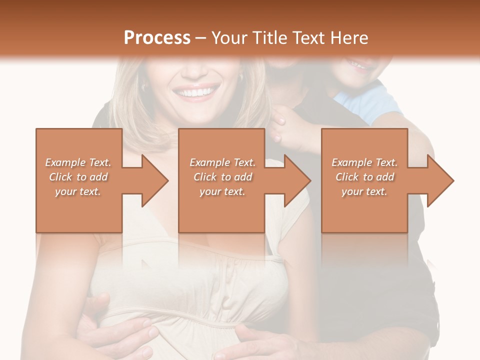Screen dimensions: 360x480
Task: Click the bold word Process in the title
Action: tap(157, 38)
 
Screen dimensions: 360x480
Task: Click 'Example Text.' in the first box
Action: tap(78, 162)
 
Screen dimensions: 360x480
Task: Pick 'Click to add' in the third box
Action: tap(365, 177)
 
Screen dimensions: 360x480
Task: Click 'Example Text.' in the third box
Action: tap(365, 162)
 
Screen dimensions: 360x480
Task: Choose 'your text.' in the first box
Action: tap(78, 191)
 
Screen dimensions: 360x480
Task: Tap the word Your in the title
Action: tap(228, 38)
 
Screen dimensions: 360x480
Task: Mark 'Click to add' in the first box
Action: tap(78, 177)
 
